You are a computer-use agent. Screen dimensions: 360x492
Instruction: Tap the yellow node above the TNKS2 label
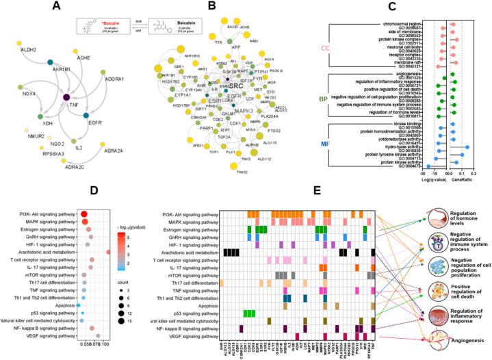[244, 164]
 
